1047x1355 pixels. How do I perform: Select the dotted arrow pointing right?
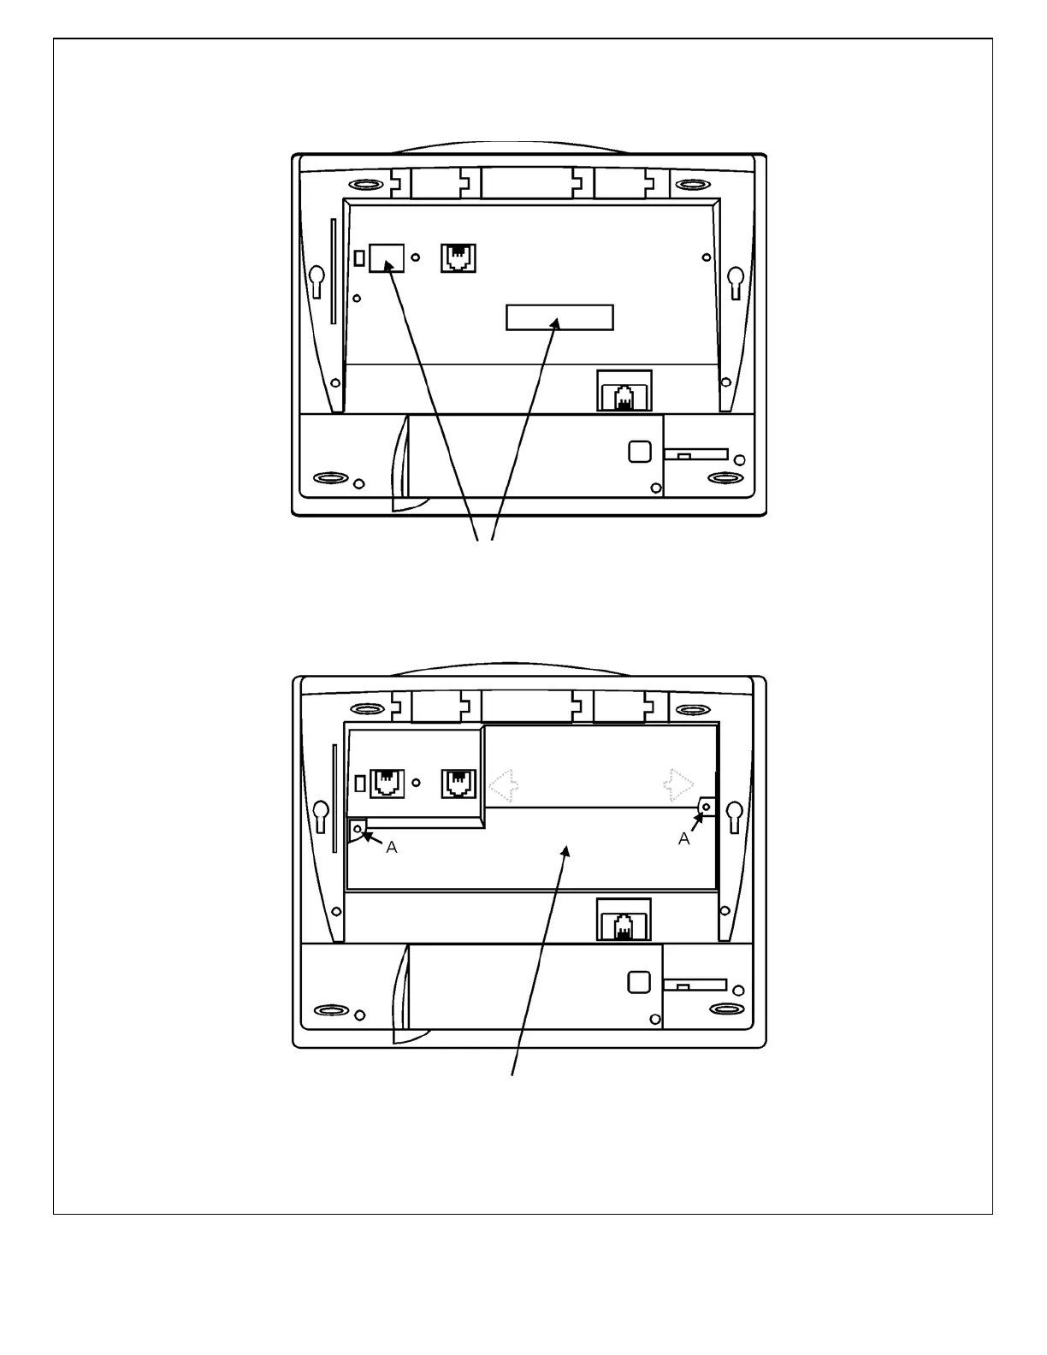click(x=680, y=785)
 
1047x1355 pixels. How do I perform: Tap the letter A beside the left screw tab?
click(x=392, y=847)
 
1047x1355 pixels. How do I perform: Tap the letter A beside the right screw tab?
click(x=684, y=839)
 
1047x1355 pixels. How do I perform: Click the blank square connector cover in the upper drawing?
click(x=387, y=257)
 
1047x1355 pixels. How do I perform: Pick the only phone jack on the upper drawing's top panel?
click(x=458, y=258)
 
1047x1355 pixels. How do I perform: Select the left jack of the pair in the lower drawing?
click(x=387, y=784)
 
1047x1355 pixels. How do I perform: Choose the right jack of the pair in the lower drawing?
click(x=458, y=784)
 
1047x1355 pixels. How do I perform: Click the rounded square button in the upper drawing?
click(x=639, y=451)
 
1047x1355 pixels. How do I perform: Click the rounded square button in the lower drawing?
click(x=639, y=982)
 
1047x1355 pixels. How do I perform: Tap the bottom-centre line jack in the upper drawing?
click(x=624, y=396)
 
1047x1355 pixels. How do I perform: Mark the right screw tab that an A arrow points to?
click(x=707, y=807)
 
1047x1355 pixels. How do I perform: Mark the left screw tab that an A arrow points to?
click(x=358, y=828)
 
